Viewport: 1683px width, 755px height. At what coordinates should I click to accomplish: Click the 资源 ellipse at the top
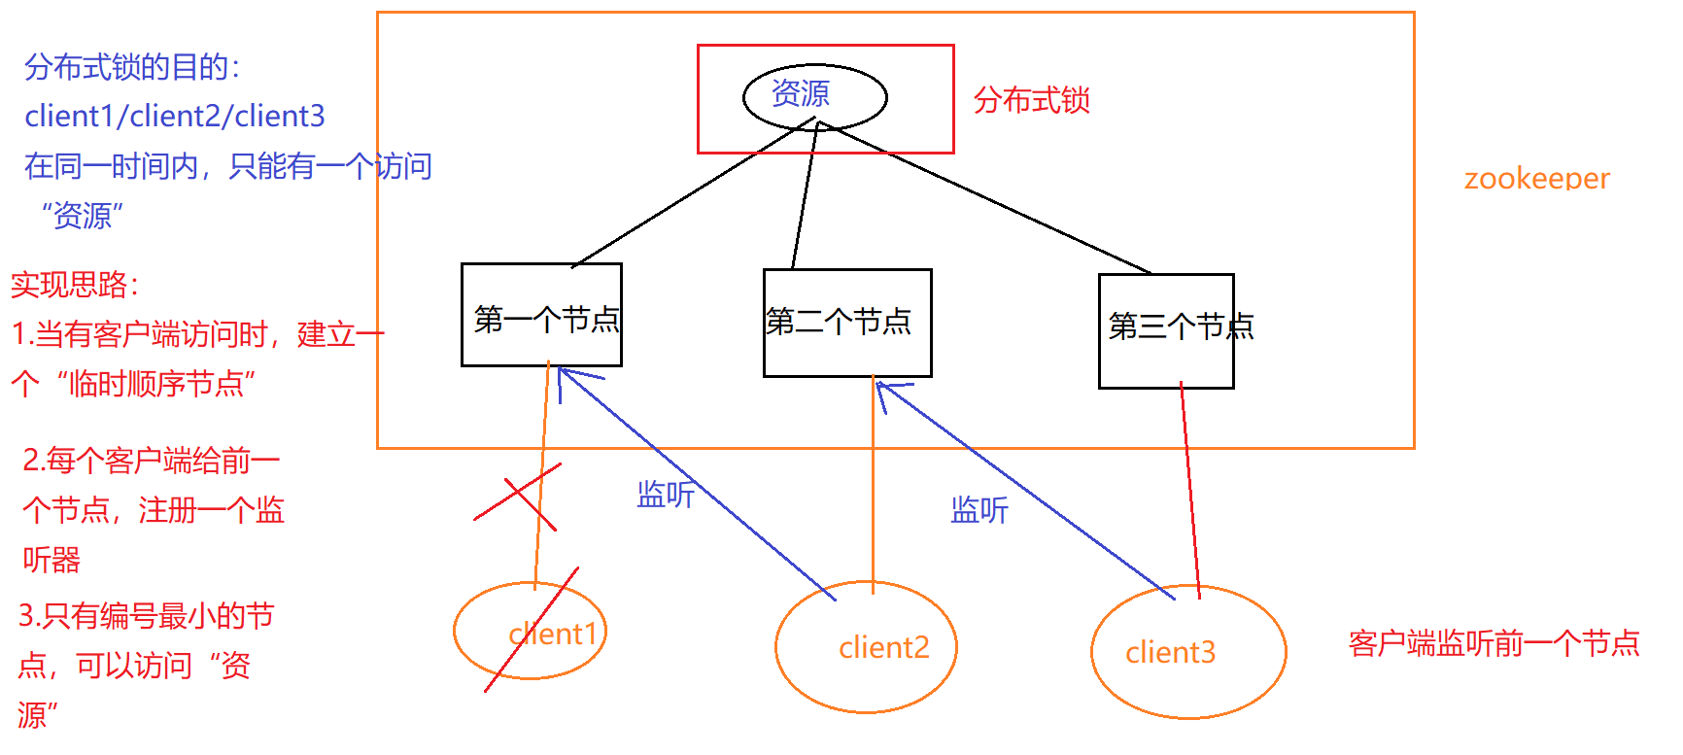tap(814, 96)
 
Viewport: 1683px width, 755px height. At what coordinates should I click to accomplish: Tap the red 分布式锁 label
tap(1031, 100)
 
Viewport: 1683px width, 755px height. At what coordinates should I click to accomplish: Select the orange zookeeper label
tap(1536, 179)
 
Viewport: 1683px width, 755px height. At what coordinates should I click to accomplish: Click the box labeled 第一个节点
tap(541, 315)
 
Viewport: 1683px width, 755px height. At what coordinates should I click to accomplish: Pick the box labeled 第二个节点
tap(846, 322)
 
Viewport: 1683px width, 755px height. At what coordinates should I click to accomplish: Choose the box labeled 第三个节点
tap(1166, 330)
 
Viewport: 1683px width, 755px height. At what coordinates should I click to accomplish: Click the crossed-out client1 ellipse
tap(531, 632)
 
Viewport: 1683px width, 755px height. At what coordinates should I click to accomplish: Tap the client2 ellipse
tap(866, 647)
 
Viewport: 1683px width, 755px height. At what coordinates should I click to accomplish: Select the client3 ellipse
tap(1187, 652)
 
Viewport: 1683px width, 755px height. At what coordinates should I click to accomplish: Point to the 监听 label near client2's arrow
tap(666, 495)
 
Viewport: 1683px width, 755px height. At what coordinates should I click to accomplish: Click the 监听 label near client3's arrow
tap(979, 510)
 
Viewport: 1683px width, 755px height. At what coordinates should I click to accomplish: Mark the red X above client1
tap(517, 496)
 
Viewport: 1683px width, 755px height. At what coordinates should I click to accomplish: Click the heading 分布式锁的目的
tap(132, 67)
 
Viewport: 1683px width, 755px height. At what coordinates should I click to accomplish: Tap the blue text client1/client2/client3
tap(175, 117)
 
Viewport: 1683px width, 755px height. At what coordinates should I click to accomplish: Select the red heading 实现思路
tap(76, 285)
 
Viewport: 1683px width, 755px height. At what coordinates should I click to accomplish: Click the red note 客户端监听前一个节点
tap(1494, 643)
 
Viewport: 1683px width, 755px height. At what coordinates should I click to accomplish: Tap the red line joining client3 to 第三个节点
tap(1190, 486)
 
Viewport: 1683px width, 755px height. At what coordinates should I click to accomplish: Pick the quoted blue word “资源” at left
tap(83, 216)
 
